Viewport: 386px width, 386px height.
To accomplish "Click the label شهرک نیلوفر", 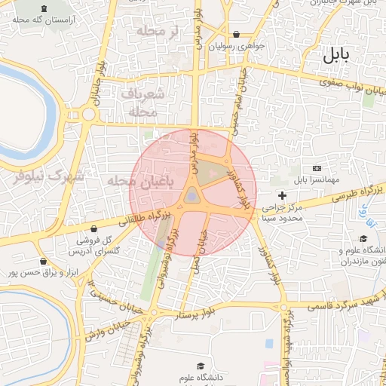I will pos(50,176).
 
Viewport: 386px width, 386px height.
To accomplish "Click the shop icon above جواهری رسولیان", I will pos(237,34).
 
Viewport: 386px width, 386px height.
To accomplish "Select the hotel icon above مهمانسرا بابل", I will pos(315,168).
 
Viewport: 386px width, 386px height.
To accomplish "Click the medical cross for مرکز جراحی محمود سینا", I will pos(283,196).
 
